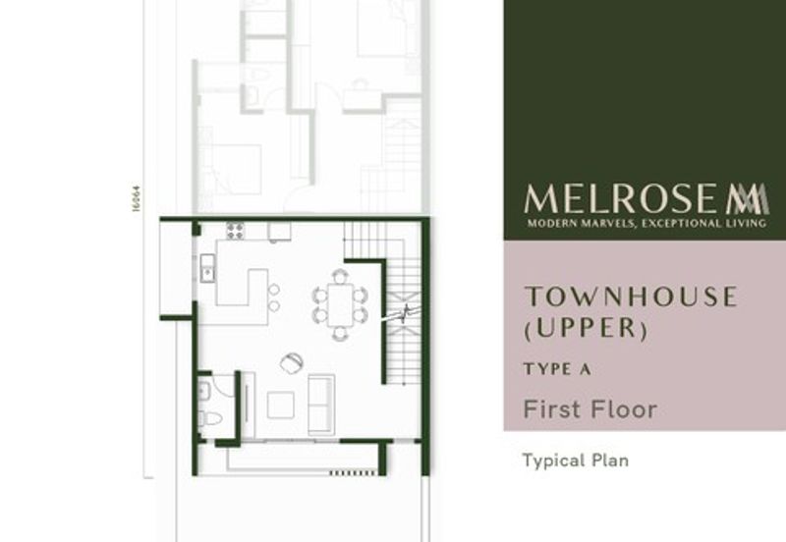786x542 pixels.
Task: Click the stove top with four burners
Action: [236, 232]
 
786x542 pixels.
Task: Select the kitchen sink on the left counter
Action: [207, 268]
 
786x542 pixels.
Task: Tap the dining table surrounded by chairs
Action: [340, 304]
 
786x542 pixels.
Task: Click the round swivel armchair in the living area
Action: [292, 362]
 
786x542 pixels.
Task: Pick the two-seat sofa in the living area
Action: [321, 404]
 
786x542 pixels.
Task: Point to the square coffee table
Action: [280, 405]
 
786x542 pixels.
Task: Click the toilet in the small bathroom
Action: [209, 419]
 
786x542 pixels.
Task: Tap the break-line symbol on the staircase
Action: [404, 313]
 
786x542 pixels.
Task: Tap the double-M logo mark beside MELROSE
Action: [748, 199]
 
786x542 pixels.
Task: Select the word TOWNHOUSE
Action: [630, 297]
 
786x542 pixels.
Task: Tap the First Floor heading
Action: [589, 408]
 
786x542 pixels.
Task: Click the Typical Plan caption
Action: [575, 460]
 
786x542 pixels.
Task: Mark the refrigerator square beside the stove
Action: [279, 232]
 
